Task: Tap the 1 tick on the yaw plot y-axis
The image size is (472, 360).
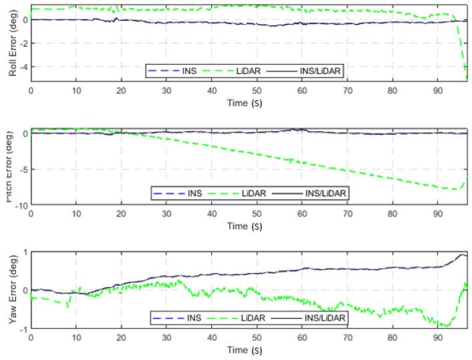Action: point(25,252)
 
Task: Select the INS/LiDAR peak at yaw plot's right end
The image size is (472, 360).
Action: point(462,254)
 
